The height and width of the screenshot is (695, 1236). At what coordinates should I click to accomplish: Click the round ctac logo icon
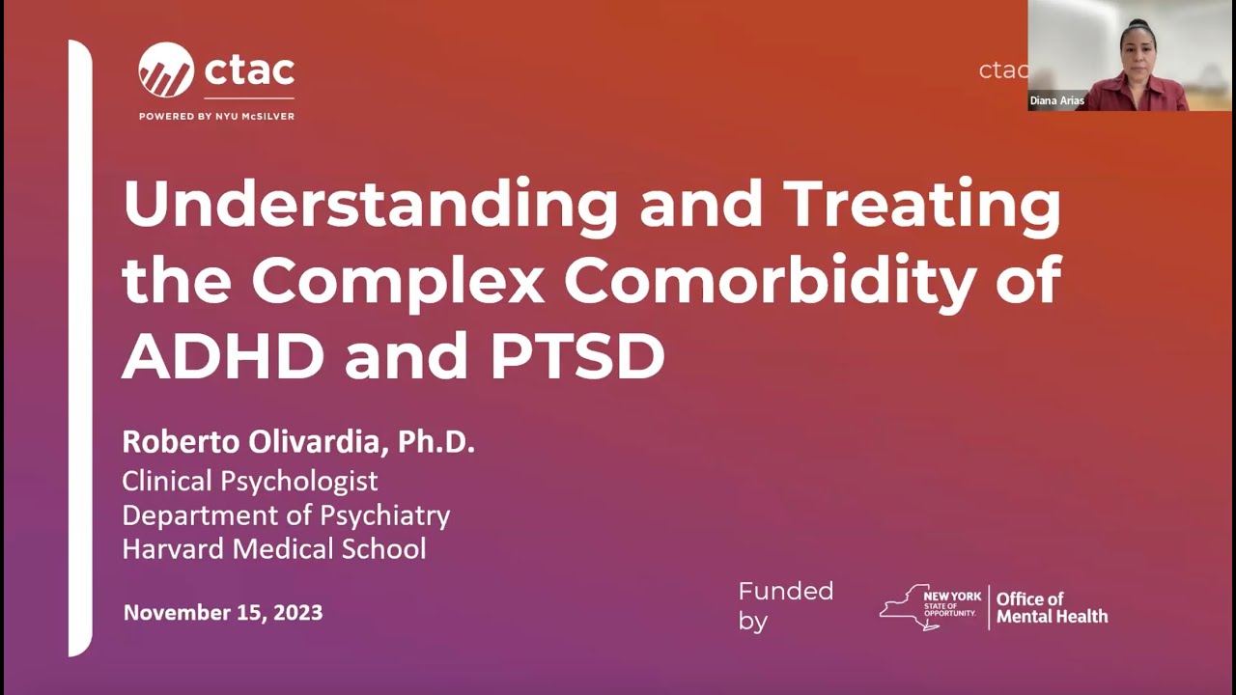pyautogui.click(x=166, y=70)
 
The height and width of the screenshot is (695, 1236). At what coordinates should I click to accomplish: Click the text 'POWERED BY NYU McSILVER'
pyautogui.click(x=216, y=117)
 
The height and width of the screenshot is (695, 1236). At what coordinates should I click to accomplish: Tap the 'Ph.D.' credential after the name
pyautogui.click(x=436, y=442)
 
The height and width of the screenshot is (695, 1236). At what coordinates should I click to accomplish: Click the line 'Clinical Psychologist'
pyautogui.click(x=249, y=481)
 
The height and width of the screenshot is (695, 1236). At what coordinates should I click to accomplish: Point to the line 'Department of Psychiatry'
pyautogui.click(x=286, y=515)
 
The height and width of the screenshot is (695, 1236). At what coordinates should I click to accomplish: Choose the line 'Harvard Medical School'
pyautogui.click(x=273, y=549)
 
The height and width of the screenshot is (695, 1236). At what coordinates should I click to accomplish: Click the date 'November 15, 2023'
pyautogui.click(x=223, y=612)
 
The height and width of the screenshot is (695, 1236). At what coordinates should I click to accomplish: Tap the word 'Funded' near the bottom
pyautogui.click(x=785, y=591)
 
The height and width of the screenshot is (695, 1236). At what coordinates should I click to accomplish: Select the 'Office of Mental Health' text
pyautogui.click(x=1052, y=607)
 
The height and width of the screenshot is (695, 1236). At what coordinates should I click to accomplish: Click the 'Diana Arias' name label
pyautogui.click(x=1057, y=100)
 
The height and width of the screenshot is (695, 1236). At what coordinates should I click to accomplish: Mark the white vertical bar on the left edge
pyautogui.click(x=80, y=347)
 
